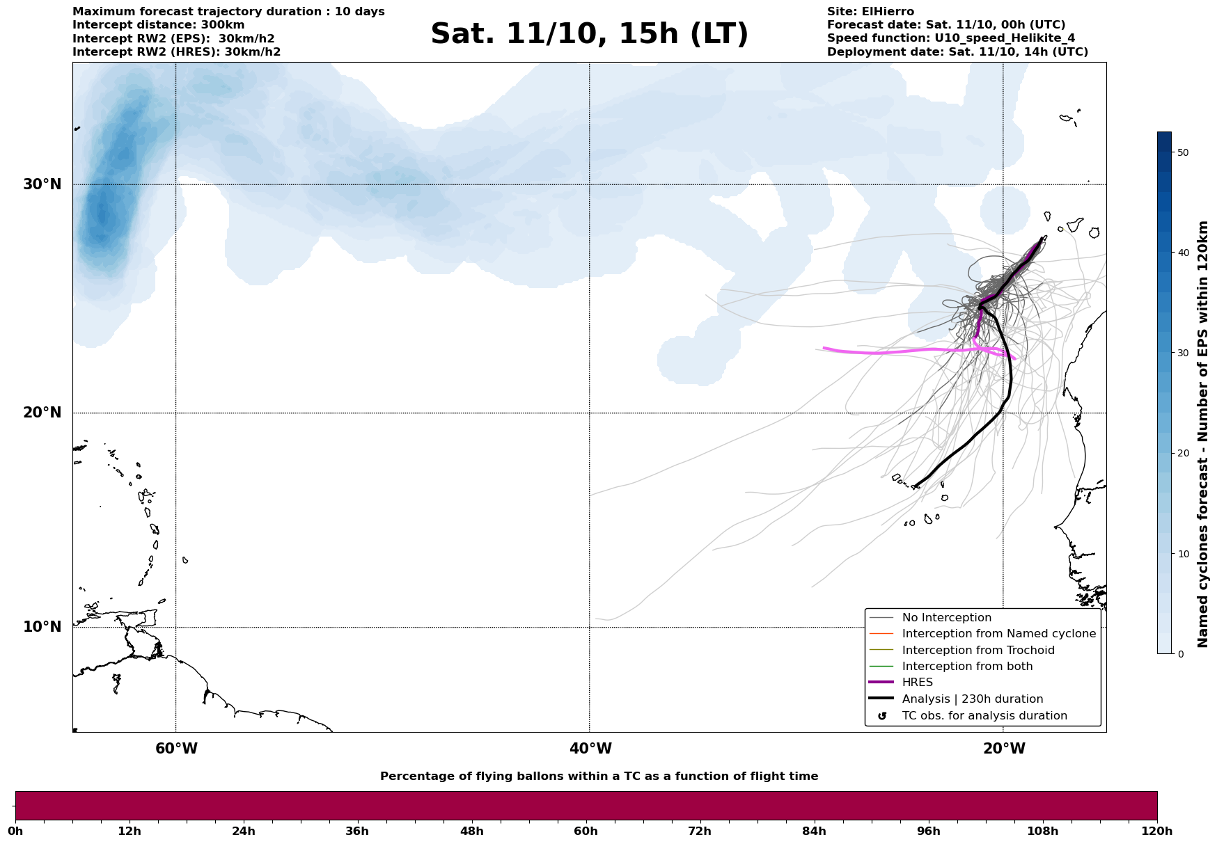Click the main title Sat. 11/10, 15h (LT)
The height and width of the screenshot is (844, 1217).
(x=589, y=34)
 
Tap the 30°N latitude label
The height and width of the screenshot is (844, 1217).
(x=42, y=184)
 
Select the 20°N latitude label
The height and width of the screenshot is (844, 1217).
(x=42, y=413)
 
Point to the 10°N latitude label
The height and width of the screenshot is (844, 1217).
(x=42, y=627)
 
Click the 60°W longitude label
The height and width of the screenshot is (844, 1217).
(x=176, y=749)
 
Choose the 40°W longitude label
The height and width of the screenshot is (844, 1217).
(x=590, y=749)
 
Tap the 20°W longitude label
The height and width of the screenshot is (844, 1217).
(x=1004, y=749)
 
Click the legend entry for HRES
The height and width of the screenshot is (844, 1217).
(x=917, y=683)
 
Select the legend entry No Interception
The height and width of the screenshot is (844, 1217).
(x=946, y=618)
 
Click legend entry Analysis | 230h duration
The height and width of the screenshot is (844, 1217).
(x=972, y=699)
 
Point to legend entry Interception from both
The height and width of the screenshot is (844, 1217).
(x=967, y=667)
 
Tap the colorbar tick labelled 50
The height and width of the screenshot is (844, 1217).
(x=1182, y=152)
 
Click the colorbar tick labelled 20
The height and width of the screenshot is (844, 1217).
(x=1182, y=454)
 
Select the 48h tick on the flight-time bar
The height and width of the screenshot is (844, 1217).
(x=472, y=831)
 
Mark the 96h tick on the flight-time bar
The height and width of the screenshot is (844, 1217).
(x=929, y=831)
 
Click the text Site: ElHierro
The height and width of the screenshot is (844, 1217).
(x=870, y=12)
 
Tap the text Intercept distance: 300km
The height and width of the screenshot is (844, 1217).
(x=158, y=25)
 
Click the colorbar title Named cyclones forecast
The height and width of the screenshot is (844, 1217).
(x=1202, y=434)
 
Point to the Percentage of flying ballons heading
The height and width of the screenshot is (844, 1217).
(x=599, y=777)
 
